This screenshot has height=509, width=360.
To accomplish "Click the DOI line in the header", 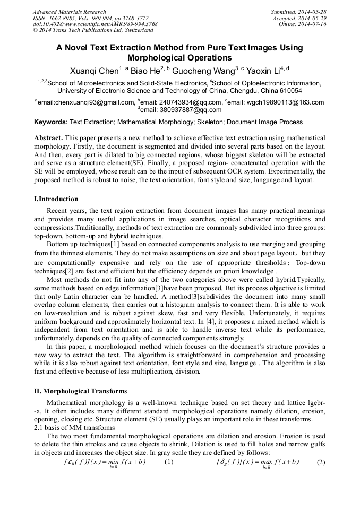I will click(95, 24).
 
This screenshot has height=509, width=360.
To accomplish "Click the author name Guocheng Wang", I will click(204, 70).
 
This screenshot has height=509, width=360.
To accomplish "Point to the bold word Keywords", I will click(50, 122).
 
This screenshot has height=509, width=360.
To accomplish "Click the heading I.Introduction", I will click(56, 200).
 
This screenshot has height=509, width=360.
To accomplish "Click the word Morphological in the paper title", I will click(179, 58).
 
